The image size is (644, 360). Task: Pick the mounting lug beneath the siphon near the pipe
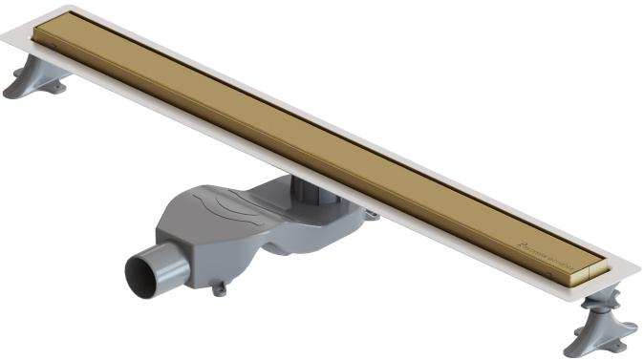click(x=218, y=284)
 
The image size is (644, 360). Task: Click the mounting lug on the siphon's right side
click(x=371, y=215)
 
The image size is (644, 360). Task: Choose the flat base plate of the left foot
click(x=23, y=92)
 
